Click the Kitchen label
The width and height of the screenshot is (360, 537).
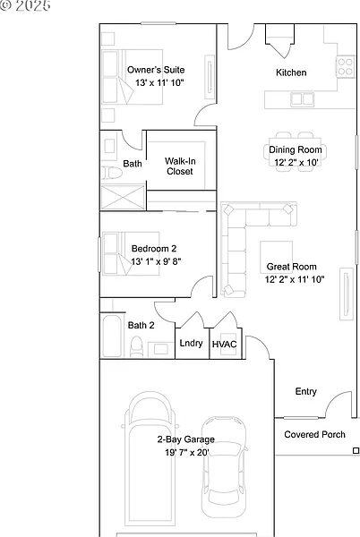291,72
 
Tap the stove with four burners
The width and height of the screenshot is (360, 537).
346,67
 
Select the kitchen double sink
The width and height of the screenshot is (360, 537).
302,99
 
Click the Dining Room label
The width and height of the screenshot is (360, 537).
296,149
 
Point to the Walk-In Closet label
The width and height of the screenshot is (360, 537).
180,166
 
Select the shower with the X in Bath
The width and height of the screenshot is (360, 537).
124,197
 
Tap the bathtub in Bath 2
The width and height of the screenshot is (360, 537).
112,336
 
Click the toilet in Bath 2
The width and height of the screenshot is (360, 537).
136,346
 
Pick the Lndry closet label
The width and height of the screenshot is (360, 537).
191,343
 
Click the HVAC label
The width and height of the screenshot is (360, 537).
225,345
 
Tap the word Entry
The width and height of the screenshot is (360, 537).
306,391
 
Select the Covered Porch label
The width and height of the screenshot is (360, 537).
315,434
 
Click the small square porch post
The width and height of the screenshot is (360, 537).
356,450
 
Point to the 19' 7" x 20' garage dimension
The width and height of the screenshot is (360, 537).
187,452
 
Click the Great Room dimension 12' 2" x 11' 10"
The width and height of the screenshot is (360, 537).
295,279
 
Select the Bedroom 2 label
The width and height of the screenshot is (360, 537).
154,249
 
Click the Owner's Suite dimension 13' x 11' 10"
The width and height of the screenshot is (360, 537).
159,82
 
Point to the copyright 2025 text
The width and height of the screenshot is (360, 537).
25,5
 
